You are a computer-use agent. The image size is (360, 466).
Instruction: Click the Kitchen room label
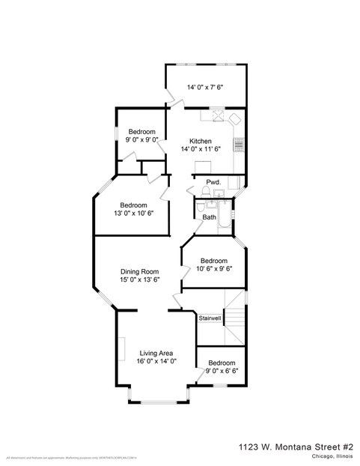point(201,141)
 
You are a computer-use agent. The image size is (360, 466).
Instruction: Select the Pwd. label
point(213,182)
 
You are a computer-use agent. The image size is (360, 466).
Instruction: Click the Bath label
point(209,217)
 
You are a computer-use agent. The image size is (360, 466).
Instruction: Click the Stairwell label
point(210,318)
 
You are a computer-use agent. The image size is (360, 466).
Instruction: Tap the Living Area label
point(156,353)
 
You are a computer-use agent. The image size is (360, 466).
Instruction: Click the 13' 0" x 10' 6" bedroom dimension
point(130,214)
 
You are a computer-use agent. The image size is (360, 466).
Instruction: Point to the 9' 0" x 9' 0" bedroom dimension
point(141,139)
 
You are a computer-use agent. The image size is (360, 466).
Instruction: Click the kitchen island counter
point(202,166)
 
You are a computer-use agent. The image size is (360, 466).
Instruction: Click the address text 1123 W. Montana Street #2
point(296,445)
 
